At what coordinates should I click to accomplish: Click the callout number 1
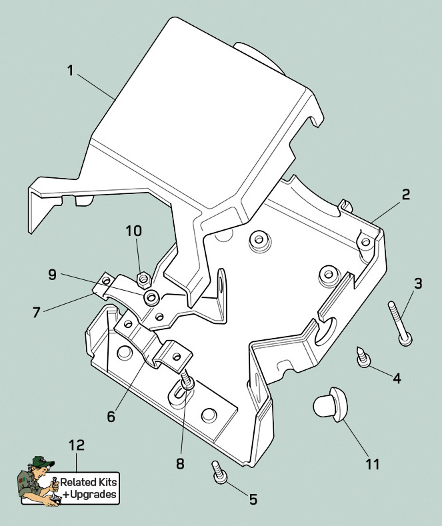pos(70,70)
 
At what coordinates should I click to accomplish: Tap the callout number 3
pos(418,283)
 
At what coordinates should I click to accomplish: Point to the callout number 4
pos(397,379)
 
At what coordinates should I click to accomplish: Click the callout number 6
pos(111,417)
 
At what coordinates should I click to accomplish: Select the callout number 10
pos(133,231)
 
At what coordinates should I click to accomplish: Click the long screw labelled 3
pos(398,323)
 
